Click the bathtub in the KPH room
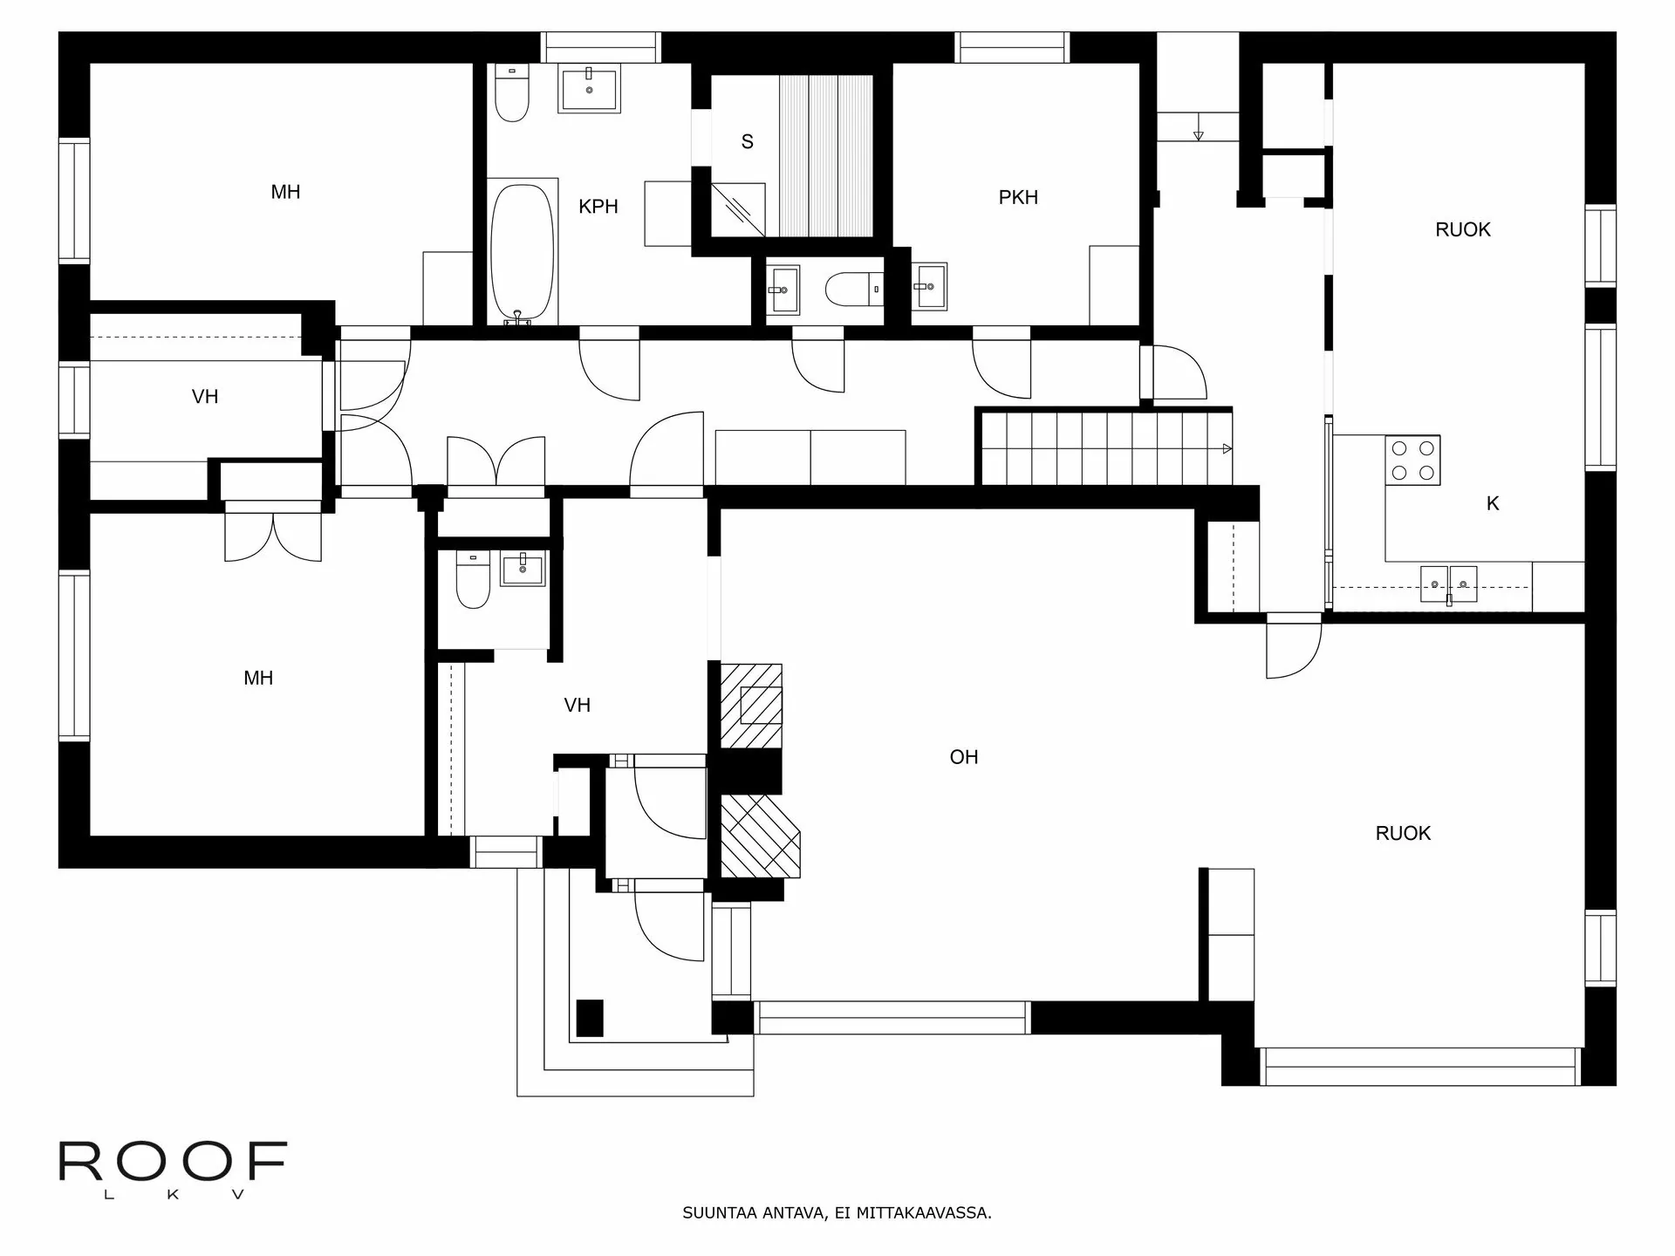(522, 253)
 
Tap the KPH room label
(598, 207)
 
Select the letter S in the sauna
(747, 142)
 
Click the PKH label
(1018, 198)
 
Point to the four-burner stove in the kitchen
(1412, 461)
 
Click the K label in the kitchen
(1492, 503)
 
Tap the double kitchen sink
(1448, 584)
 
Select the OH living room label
(963, 757)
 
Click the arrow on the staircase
(1227, 449)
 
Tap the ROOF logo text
(173, 1162)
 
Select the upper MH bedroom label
(285, 192)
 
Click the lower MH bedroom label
(258, 678)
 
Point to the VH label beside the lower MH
(577, 705)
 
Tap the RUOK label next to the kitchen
(1462, 229)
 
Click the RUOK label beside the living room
(1402, 833)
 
